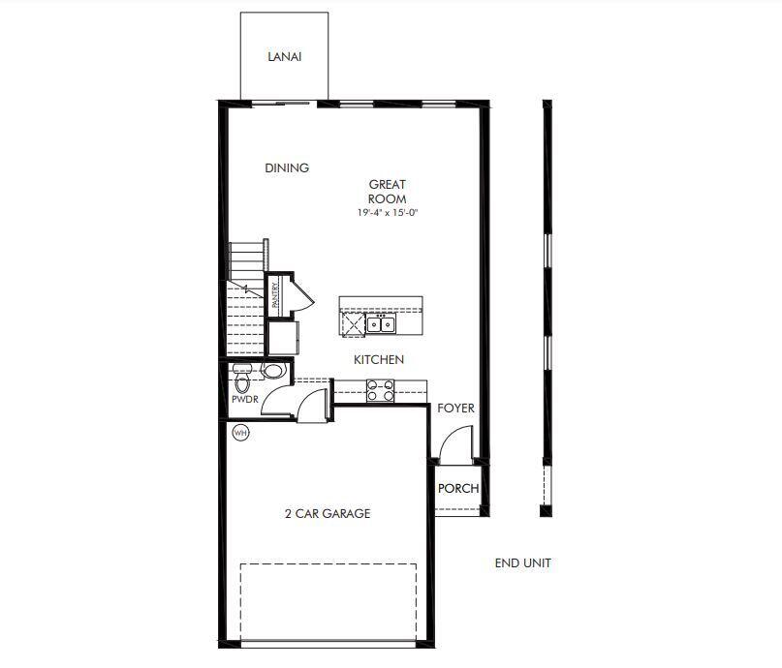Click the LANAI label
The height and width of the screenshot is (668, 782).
[285, 56]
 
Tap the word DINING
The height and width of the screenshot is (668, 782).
[287, 167]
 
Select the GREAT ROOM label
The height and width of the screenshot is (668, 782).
[387, 191]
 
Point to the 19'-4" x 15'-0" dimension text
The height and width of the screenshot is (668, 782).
[387, 212]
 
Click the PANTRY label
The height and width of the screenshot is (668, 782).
[275, 294]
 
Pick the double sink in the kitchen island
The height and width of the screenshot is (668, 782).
[381, 322]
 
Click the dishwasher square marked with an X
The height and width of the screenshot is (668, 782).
[353, 323]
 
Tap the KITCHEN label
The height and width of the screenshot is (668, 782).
[378, 359]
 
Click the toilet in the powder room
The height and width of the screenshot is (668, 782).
[242, 370]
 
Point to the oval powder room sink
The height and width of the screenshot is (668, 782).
[273, 370]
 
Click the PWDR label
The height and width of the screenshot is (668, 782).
[242, 399]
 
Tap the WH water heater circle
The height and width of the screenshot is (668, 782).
[240, 433]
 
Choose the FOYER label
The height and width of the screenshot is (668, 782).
[455, 409]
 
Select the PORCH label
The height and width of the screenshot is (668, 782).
[457, 488]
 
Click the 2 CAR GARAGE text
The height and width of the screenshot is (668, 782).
[328, 514]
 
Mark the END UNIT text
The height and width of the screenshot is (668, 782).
[522, 562]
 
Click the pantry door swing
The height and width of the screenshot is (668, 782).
[300, 294]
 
